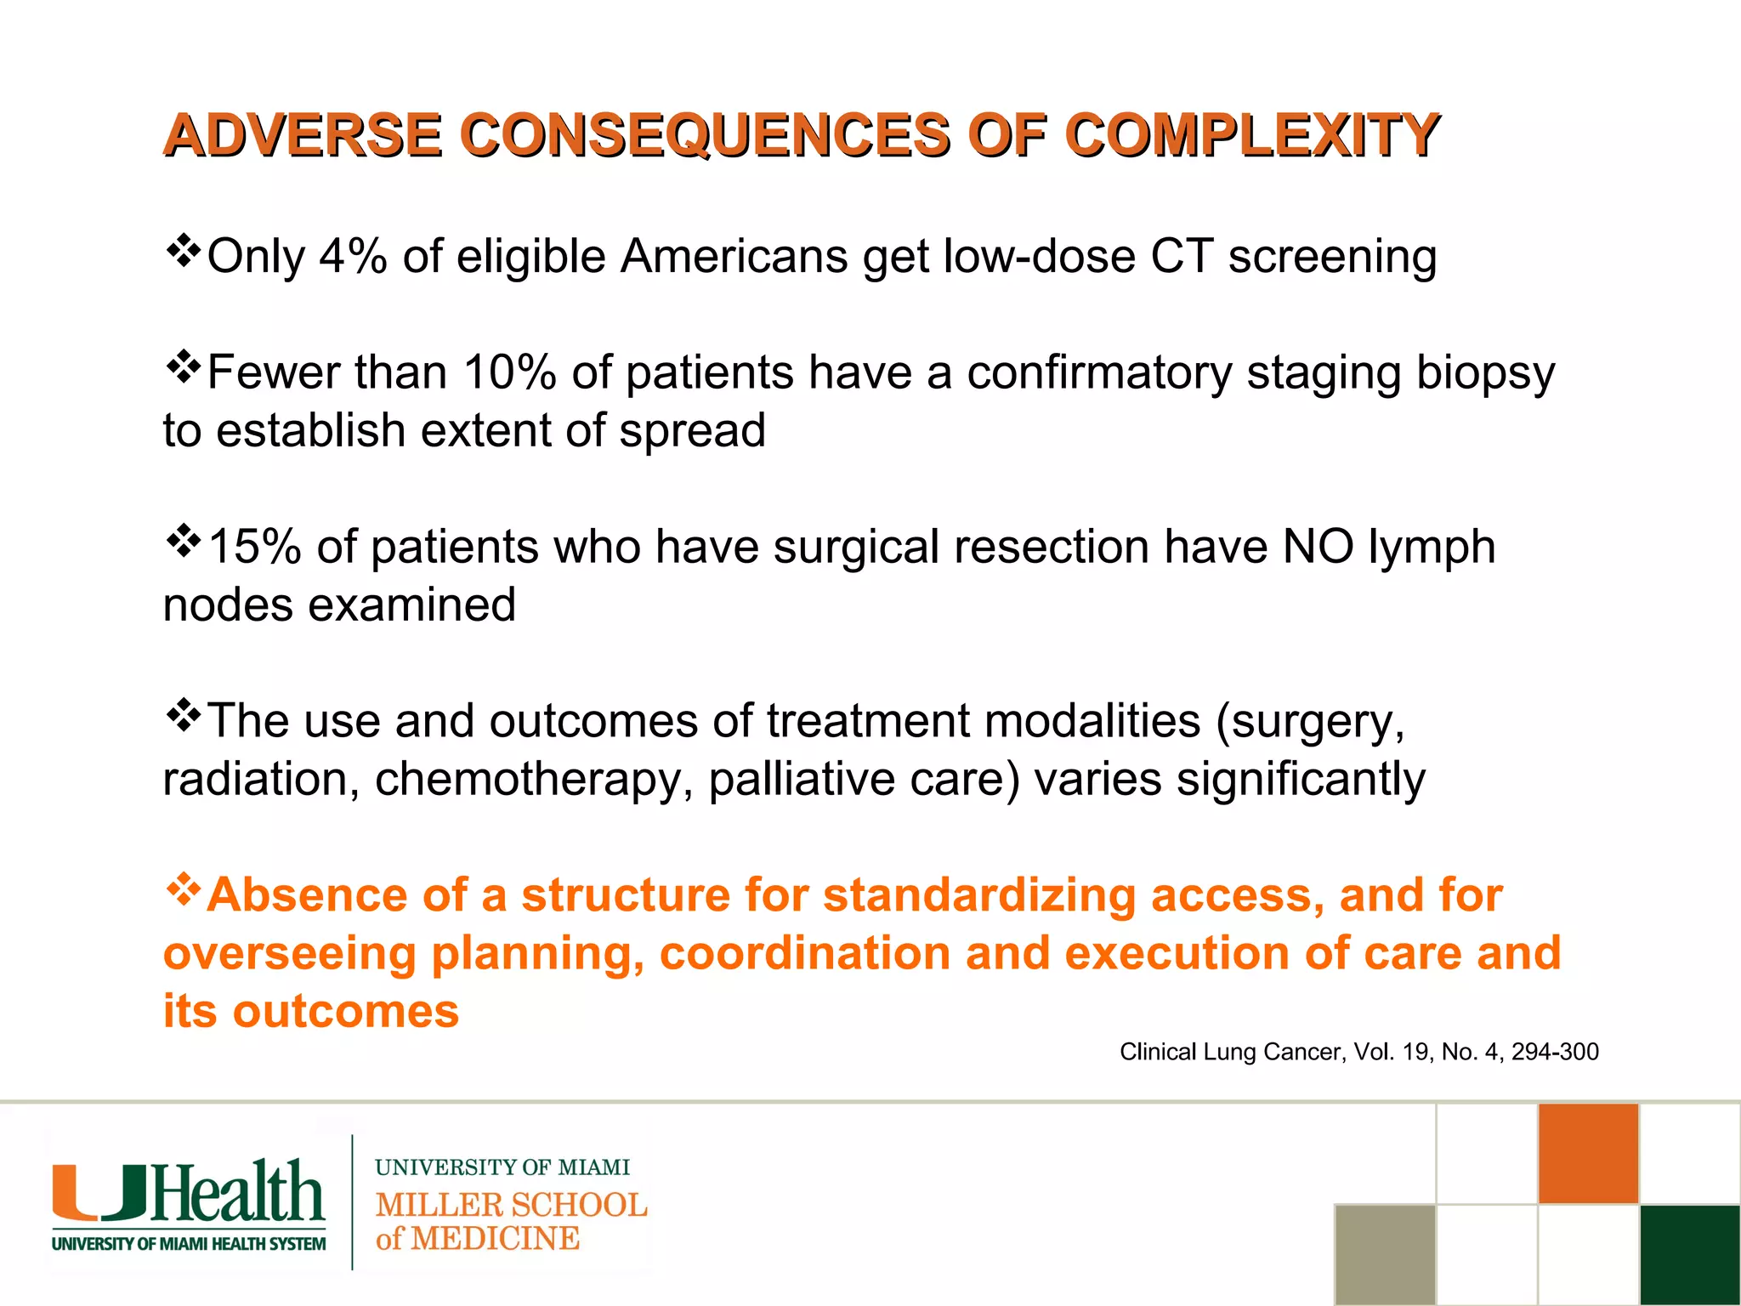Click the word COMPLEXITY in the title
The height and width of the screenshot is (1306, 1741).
pos(1251,136)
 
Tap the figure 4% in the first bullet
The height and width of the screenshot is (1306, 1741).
pos(353,256)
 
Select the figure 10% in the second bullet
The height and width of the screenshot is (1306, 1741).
pos(509,372)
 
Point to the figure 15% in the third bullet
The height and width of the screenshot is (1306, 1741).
pos(254,547)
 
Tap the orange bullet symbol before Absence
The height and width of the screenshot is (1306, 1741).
pos(183,890)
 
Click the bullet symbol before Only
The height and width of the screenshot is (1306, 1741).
pos(183,252)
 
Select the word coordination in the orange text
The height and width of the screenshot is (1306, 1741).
pos(804,953)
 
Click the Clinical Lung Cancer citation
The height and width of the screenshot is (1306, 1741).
pos(1358,1052)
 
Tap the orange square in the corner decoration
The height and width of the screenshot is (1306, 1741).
pos(1588,1154)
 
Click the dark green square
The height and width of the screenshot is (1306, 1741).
pos(1690,1255)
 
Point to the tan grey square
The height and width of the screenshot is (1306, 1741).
pos(1385,1255)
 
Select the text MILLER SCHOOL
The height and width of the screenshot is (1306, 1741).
pos(511,1205)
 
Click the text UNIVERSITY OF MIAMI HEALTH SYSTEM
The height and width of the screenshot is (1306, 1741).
pos(189,1244)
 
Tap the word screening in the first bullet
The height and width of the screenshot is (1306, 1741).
pos(1332,258)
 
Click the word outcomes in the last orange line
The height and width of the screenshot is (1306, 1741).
pos(345,1012)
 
